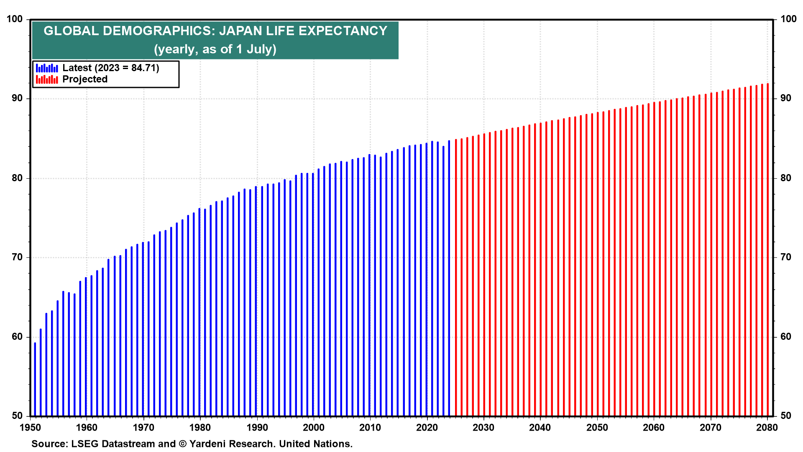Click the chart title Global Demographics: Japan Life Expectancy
coord(215,31)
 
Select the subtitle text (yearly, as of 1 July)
coord(215,49)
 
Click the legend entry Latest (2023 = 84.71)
coord(110,68)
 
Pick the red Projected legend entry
coord(84,80)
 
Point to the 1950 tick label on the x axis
coord(30,427)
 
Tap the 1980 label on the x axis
coord(200,427)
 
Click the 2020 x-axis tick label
coord(427,427)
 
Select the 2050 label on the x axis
coord(597,427)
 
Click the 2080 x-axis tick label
coord(767,427)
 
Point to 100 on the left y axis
coord(15,19)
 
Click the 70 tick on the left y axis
coord(18,257)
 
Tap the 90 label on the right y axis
coord(786,98)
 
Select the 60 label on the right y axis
coord(786,337)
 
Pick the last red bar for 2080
coord(768,251)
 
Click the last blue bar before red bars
coord(449,278)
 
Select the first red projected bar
coord(456,278)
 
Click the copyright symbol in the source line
coord(183,444)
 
